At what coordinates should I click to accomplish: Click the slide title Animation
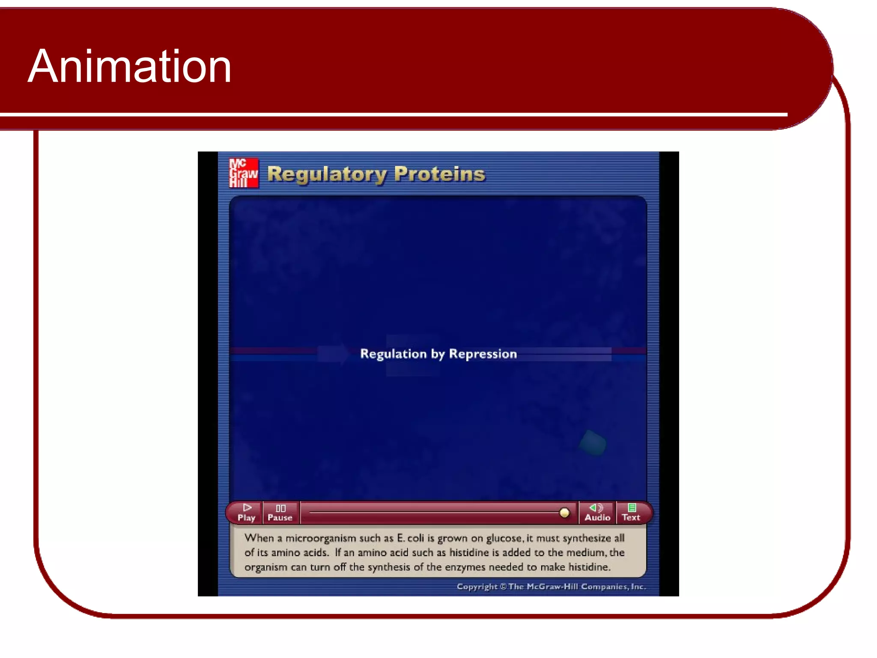129,66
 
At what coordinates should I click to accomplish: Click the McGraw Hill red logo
244,173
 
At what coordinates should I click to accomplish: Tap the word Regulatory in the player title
327,174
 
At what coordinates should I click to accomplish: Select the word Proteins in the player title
439,174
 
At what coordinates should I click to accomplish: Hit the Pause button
280,513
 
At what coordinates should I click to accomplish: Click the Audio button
597,513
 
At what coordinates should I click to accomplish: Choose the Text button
631,513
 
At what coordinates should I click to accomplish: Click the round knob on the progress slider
564,513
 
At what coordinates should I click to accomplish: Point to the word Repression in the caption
483,354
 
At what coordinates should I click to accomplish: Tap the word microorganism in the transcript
321,538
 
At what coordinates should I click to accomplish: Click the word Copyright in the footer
477,586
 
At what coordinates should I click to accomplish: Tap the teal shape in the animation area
593,443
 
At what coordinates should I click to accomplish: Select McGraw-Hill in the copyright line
552,586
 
